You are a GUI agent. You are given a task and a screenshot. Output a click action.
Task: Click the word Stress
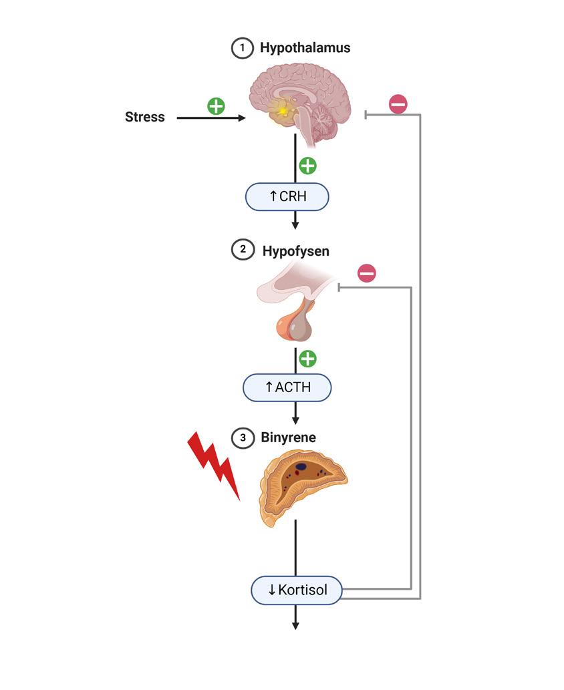[144, 118]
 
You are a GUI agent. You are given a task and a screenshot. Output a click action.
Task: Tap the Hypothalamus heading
[305, 48]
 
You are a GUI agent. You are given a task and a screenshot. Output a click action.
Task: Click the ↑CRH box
[288, 197]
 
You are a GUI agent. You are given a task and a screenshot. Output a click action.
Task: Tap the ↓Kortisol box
[297, 590]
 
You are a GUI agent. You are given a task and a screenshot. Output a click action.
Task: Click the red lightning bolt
[214, 464]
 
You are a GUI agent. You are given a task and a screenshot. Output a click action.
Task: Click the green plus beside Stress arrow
[216, 106]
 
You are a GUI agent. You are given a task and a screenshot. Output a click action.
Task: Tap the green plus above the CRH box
[307, 165]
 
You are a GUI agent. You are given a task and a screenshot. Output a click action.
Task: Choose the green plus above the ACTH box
[307, 359]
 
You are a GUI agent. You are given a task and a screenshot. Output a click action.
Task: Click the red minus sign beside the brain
[398, 104]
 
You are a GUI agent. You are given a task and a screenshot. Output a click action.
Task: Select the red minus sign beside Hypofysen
[366, 273]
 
